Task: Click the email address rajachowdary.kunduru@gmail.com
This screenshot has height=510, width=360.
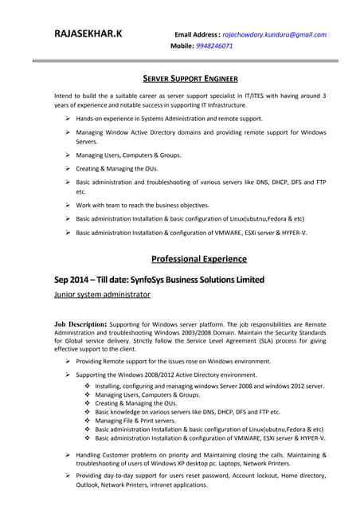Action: (274, 35)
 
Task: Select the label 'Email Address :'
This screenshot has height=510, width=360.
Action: (197, 35)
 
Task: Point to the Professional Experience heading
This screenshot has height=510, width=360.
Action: (198, 259)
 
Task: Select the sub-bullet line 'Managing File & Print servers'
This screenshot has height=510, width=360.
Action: (135, 421)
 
